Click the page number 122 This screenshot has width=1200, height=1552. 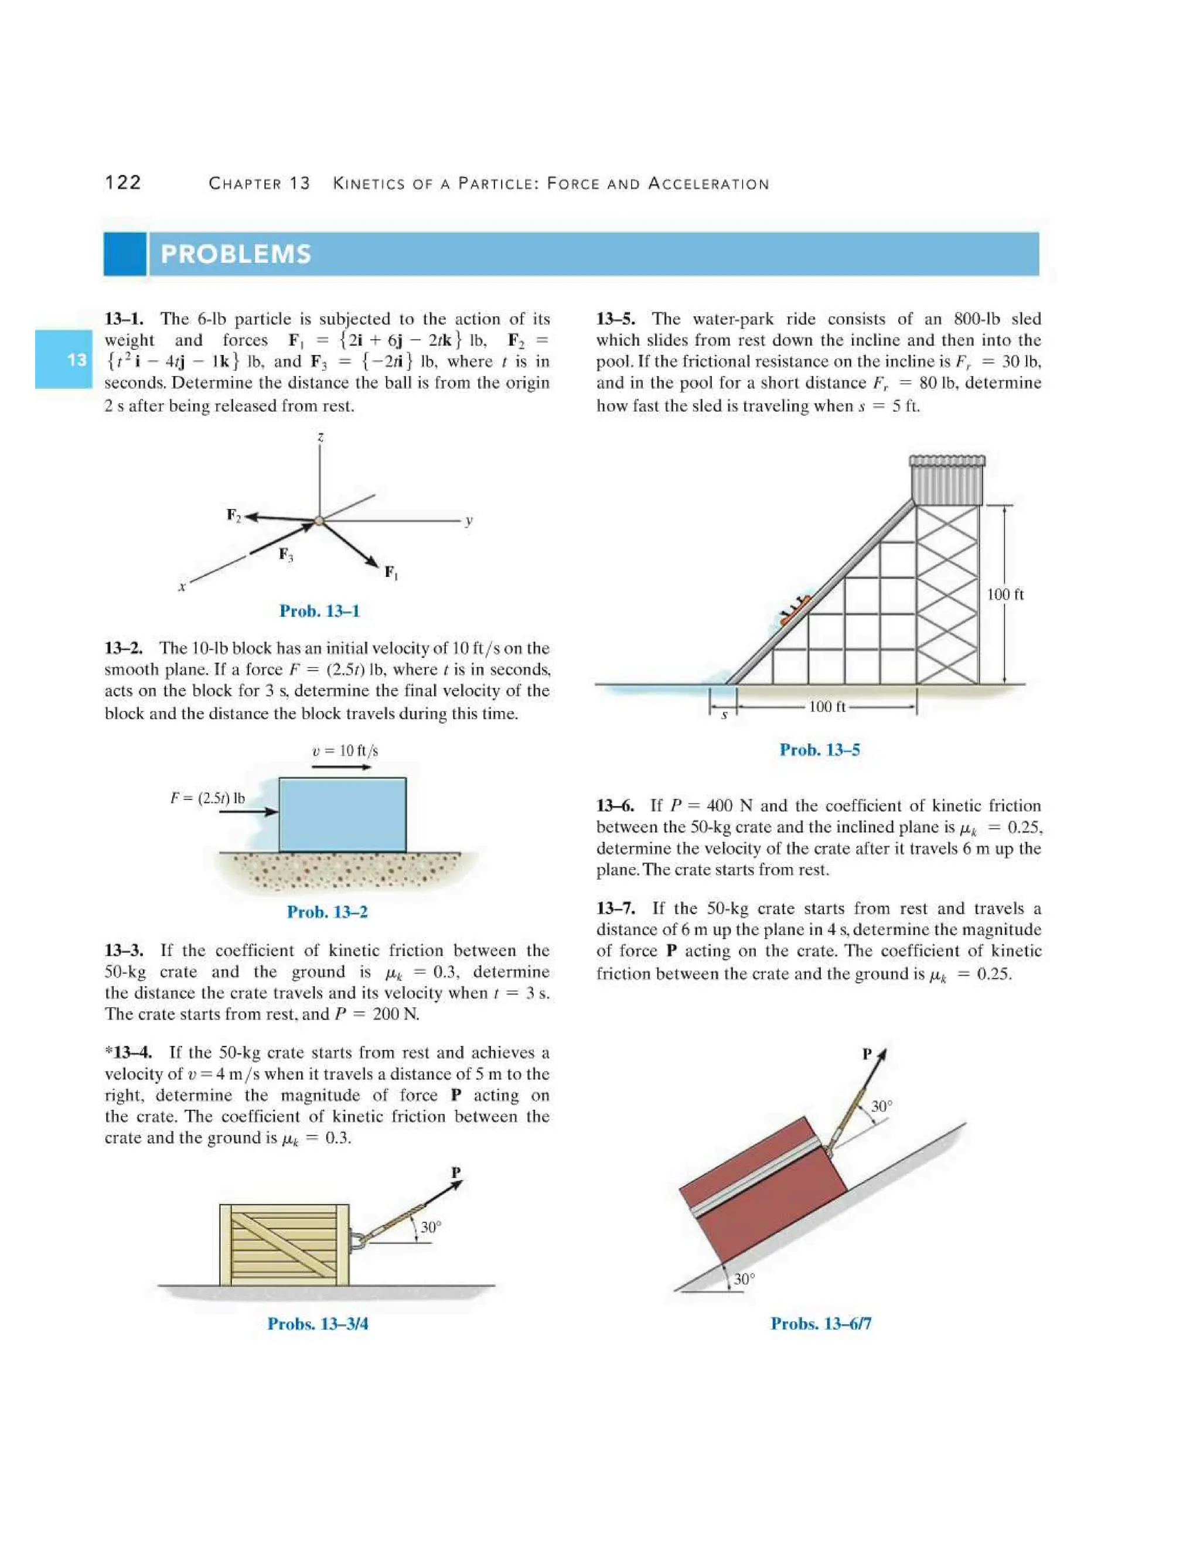click(123, 183)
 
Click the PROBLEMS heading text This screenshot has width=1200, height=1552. click(236, 254)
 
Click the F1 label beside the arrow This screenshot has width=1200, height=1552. click(391, 572)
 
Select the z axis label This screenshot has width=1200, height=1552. click(321, 437)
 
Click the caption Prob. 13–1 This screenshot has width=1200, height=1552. click(319, 611)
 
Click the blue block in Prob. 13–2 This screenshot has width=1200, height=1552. click(343, 815)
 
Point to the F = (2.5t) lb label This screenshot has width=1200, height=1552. click(207, 797)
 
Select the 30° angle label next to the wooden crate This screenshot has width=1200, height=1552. click(431, 1227)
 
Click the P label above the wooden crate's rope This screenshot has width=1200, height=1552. click(456, 1172)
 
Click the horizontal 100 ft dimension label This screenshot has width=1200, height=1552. click(827, 706)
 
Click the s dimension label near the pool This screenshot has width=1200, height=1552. click(724, 715)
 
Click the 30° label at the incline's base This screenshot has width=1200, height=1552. click(744, 1279)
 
